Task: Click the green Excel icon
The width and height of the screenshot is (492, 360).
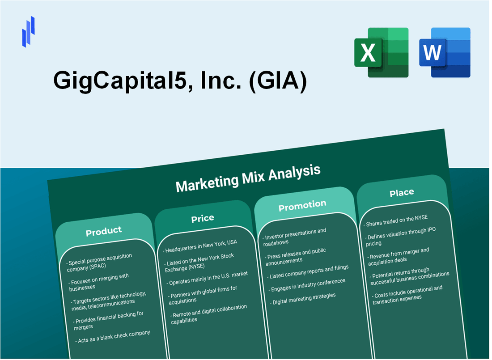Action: [x=381, y=52]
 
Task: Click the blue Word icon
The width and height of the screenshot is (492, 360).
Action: [x=445, y=52]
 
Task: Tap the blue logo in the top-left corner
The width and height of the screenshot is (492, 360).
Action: [x=28, y=31]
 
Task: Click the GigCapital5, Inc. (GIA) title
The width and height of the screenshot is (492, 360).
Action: [x=180, y=81]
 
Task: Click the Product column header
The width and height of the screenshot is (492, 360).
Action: [x=104, y=231]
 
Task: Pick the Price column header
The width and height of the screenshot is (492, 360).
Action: [x=203, y=218]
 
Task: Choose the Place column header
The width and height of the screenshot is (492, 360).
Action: [x=402, y=193]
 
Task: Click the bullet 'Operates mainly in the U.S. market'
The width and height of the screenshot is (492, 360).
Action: [x=208, y=278]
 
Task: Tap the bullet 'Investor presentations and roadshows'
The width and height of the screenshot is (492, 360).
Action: [x=295, y=235]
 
